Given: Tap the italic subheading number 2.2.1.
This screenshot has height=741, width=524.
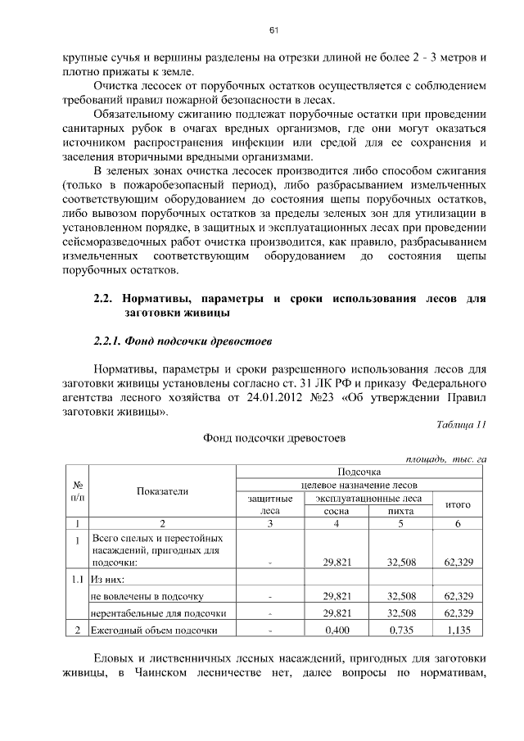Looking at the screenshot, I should tap(110, 340).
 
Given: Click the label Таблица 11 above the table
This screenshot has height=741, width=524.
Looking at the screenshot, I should tap(461, 423).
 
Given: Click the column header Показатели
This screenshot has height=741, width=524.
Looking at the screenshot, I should tap(162, 491).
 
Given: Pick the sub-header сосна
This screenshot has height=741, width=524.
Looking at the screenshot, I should tap(337, 511).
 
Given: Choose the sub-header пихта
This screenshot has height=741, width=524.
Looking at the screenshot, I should tap(400, 511).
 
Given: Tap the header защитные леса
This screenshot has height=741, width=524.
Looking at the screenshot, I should tap(269, 504).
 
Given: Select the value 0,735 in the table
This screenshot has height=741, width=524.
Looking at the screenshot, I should tap(400, 630).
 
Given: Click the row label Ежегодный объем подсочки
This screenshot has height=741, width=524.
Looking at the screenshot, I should tap(154, 630).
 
